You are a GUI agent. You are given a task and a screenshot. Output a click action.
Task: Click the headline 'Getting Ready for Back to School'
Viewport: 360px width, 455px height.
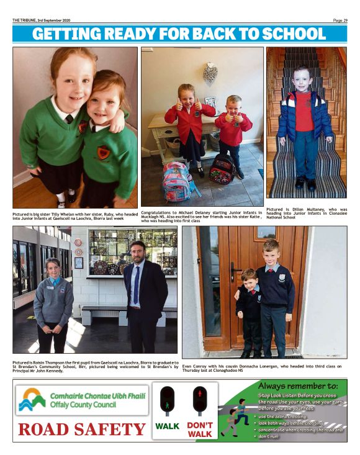coord(179,34)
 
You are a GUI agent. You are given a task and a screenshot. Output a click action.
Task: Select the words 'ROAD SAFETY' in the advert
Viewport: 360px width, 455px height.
coord(81,429)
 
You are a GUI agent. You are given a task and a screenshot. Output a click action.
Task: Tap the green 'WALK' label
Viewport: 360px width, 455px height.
coord(168,426)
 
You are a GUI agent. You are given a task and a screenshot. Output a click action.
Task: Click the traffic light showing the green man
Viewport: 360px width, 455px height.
coord(168,400)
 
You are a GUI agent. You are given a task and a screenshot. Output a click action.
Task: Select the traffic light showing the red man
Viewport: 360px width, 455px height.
coord(200,400)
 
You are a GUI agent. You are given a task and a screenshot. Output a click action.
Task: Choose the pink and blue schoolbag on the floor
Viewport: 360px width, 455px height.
coord(176,181)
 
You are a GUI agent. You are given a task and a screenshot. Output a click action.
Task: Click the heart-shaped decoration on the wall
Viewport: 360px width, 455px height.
coord(210,74)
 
